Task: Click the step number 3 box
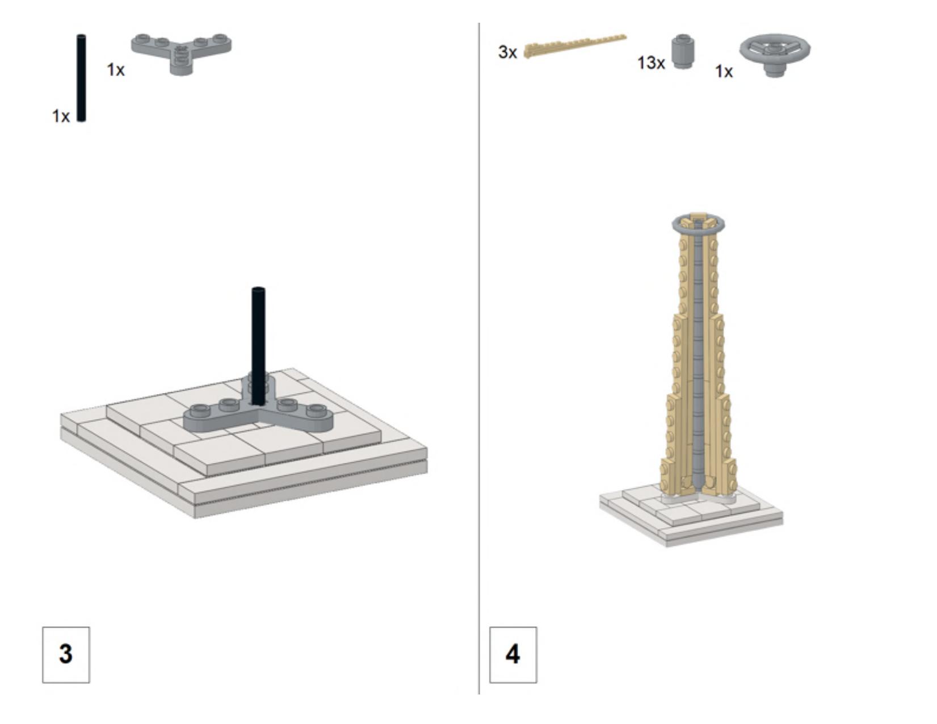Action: coord(66,655)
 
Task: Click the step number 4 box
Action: coord(513,655)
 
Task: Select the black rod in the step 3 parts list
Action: coord(81,78)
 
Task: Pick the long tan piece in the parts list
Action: coord(575,45)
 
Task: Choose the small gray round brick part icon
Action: coord(683,51)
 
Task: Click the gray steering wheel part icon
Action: coord(775,54)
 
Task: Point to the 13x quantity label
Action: coord(651,63)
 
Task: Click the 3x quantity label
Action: coord(507,52)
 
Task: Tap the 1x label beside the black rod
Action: coord(61,116)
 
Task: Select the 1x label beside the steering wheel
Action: coord(724,71)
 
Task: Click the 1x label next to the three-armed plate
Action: coord(116,69)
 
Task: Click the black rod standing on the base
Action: coord(258,346)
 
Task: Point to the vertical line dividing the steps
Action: coord(479,358)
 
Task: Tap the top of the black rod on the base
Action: coord(258,289)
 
